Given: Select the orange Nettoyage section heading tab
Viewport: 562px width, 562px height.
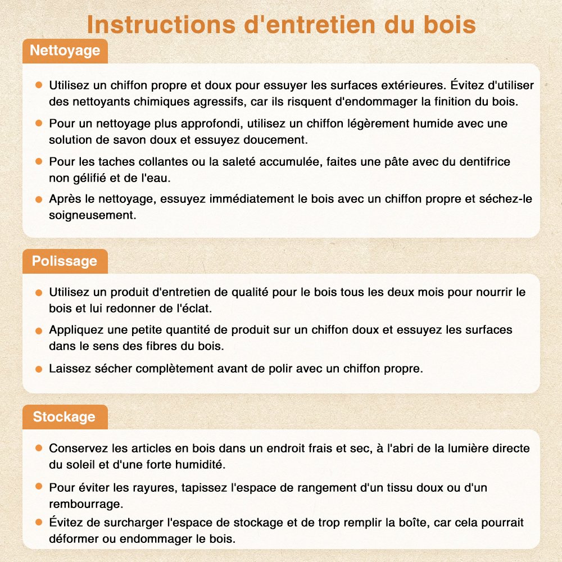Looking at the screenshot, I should pyautogui.click(x=65, y=51).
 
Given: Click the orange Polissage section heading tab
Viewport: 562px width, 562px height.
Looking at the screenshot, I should pyautogui.click(x=65, y=261).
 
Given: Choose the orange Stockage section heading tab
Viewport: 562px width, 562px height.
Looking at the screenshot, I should pyautogui.click(x=64, y=417).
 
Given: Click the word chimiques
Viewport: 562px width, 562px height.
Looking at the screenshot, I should pyautogui.click(x=145, y=102).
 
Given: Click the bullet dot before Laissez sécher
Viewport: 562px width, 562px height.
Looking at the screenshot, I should pyautogui.click(x=39, y=370).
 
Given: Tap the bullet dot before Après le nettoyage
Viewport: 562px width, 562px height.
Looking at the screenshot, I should pyautogui.click(x=39, y=200).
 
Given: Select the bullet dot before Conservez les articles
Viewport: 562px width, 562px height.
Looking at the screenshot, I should pyautogui.click(x=39, y=448).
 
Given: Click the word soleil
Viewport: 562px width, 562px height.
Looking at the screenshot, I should pyautogui.click(x=80, y=465).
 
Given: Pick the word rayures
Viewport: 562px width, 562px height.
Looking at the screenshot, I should pyautogui.click(x=154, y=488).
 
